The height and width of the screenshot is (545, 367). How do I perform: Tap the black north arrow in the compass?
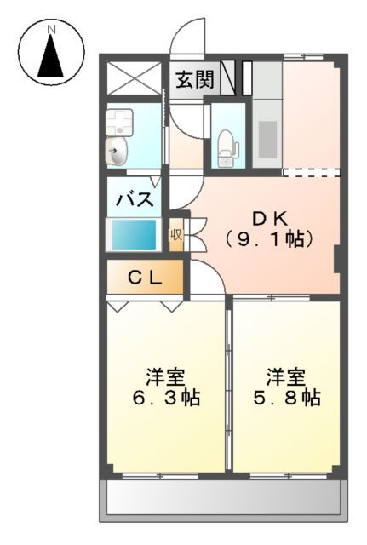(51, 59)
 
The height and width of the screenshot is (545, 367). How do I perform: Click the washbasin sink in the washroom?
(118, 152)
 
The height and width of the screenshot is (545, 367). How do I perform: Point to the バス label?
(134, 201)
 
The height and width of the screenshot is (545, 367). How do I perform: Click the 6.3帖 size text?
(166, 397)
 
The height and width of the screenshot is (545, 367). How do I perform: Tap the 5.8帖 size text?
(286, 397)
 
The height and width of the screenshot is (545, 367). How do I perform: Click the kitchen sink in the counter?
(267, 139)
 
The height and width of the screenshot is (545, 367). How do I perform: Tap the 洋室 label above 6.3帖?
(166, 375)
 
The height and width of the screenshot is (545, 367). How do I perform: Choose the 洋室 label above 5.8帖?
(286, 375)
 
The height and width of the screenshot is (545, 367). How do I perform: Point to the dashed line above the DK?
(311, 172)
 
